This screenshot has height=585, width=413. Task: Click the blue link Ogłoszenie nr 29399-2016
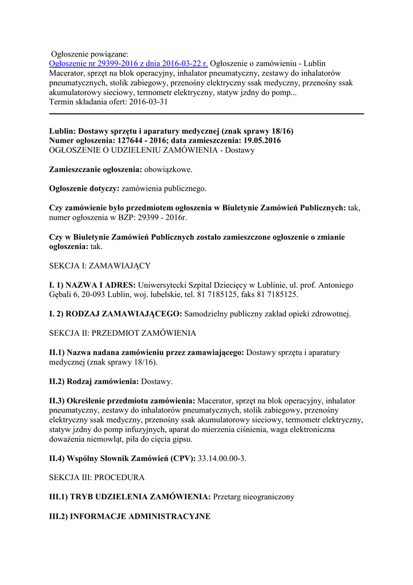(128, 63)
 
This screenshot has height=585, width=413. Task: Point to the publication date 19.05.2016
(260, 141)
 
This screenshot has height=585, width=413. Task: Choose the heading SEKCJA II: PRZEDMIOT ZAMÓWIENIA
(123, 333)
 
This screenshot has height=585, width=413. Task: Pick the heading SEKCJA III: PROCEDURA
(97, 477)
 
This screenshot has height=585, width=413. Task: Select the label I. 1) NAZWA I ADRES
(92, 285)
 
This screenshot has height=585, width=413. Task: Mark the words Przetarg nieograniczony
(253, 497)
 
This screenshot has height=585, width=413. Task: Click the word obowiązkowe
(168, 170)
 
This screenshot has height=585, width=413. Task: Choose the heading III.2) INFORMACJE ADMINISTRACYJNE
(130, 516)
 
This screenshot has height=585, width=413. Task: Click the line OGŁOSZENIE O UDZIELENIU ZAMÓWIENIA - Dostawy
(152, 150)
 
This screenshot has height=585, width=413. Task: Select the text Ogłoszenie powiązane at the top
(90, 54)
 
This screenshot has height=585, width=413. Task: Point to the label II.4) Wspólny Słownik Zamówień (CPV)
(122, 458)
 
